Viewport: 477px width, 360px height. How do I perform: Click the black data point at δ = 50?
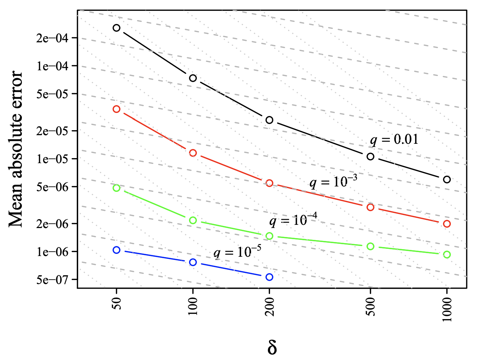click(116, 28)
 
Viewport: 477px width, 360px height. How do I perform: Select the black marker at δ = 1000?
click(447, 179)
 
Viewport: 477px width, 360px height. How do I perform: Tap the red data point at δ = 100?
click(193, 153)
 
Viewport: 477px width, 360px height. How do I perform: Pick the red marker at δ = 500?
click(370, 207)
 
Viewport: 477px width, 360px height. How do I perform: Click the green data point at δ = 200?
click(269, 236)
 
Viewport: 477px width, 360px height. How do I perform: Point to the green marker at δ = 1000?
click(447, 255)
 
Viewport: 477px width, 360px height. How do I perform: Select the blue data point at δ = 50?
click(116, 250)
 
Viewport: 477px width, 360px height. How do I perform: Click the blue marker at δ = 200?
click(269, 277)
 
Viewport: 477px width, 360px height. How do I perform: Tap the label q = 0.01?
click(394, 139)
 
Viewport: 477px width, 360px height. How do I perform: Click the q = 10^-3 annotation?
click(333, 182)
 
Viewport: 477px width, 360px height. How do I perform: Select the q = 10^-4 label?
click(293, 220)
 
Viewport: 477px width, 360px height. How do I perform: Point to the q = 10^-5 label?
click(237, 252)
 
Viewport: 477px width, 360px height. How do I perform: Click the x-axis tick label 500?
click(371, 307)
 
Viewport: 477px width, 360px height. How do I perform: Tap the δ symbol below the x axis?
click(272, 347)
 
